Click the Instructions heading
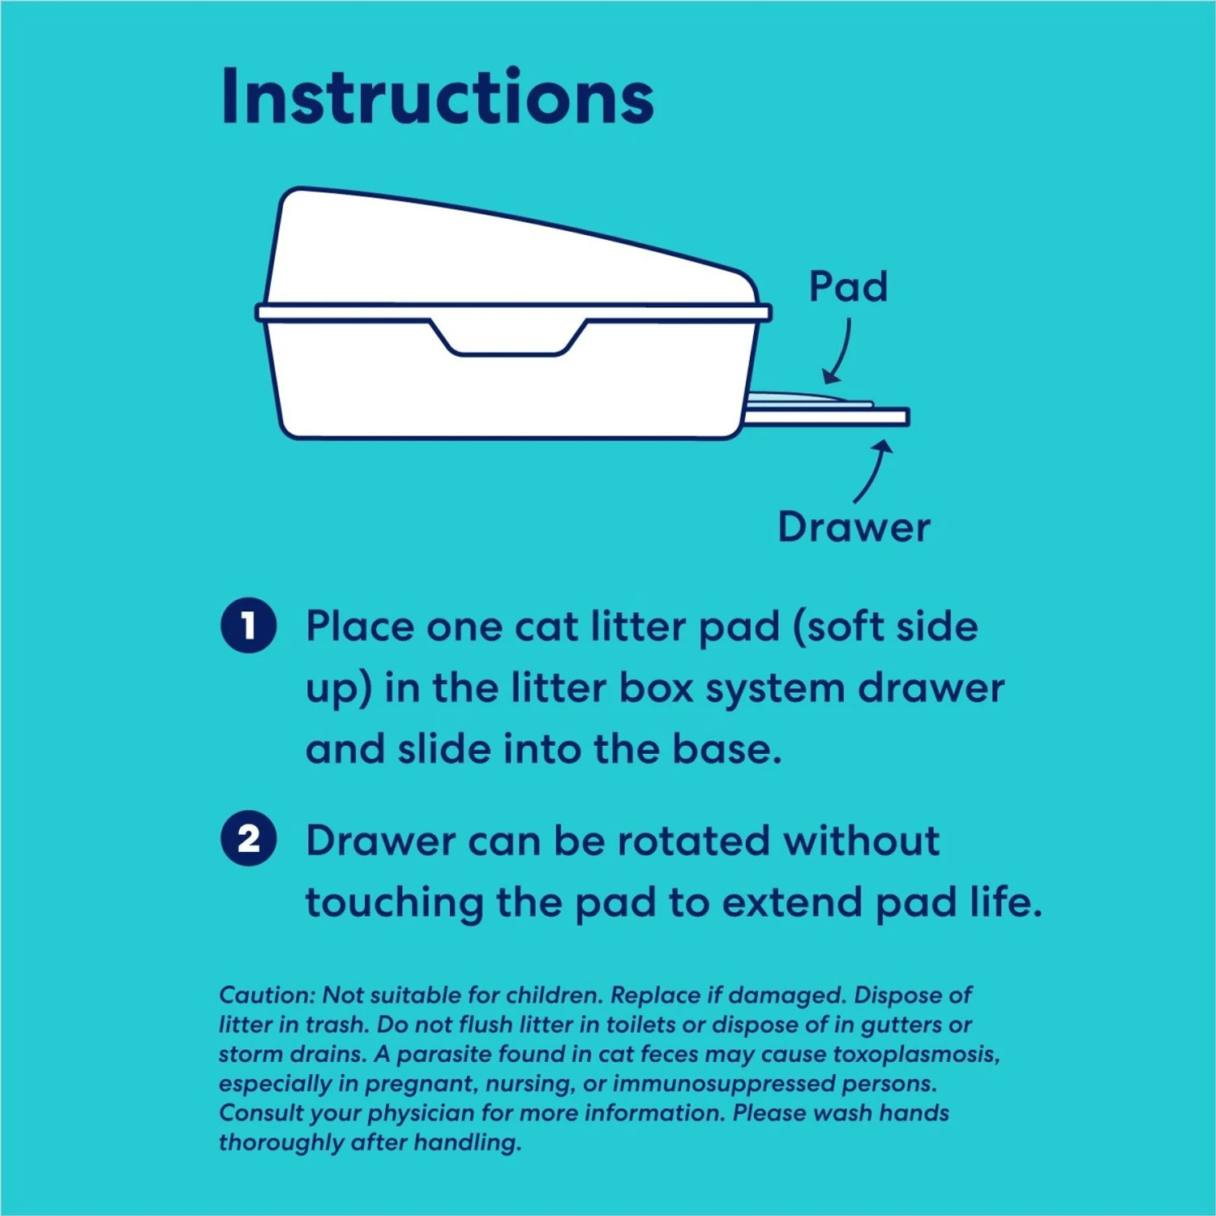pos(437,96)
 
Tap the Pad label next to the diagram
pos(848,286)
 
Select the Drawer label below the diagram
pos(854,527)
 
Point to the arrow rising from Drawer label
pos(874,471)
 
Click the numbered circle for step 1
pos(249,626)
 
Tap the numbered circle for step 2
pos(249,838)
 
